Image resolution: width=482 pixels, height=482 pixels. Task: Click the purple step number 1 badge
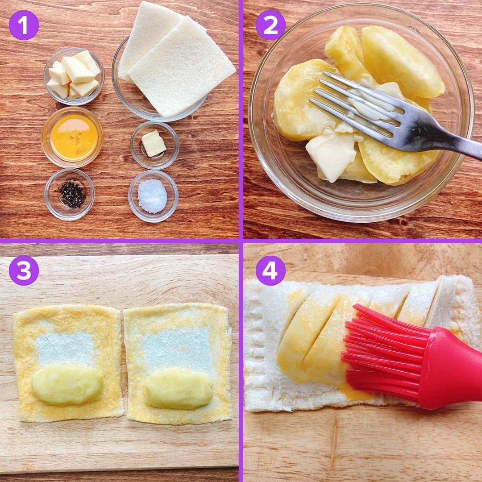(24, 25)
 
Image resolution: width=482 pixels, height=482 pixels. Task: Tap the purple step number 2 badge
(270, 25)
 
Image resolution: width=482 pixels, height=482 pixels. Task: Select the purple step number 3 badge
(24, 270)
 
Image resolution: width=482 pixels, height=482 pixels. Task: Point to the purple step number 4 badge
(270, 270)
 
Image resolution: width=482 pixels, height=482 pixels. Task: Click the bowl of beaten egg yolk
(72, 137)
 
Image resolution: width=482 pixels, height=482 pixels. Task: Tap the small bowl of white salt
(153, 196)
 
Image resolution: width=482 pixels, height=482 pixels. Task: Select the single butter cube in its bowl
(154, 143)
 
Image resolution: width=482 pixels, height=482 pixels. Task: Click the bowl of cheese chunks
(74, 76)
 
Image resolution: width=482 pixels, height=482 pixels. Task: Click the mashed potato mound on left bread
(67, 384)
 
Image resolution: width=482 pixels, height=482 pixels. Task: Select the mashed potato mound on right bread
(178, 389)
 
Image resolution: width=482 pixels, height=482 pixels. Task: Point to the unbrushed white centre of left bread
(65, 350)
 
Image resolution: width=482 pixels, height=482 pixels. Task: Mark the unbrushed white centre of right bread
(178, 350)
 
